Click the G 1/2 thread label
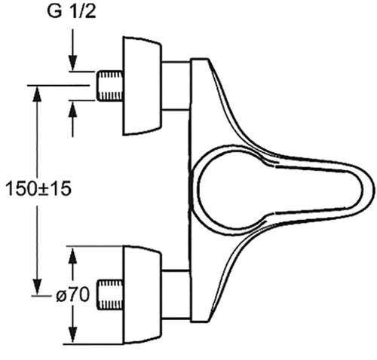(x=72, y=11)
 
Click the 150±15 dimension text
(x=38, y=189)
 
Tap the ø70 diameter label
(x=72, y=294)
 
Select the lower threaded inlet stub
(x=110, y=294)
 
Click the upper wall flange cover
(x=142, y=86)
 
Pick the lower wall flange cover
(x=142, y=294)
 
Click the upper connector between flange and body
(x=176, y=86)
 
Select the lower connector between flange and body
(x=176, y=294)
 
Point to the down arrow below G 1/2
(x=72, y=50)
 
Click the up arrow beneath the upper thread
(x=72, y=119)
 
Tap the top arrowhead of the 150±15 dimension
(x=37, y=93)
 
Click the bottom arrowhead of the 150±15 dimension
(x=37, y=287)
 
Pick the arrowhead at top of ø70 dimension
(x=72, y=255)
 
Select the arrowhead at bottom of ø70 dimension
(x=72, y=334)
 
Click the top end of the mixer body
(x=199, y=59)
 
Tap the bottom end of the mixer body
(x=199, y=321)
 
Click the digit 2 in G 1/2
(x=90, y=11)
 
